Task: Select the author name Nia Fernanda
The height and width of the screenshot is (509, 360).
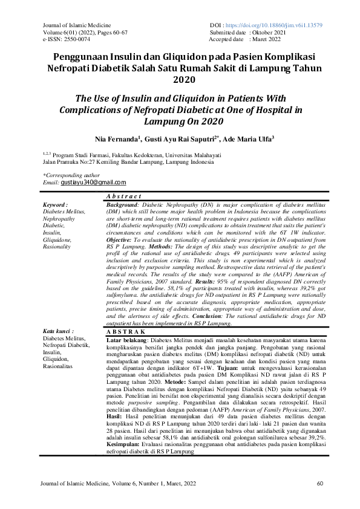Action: (x=114, y=139)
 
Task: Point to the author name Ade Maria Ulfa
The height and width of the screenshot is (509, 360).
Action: (x=248, y=139)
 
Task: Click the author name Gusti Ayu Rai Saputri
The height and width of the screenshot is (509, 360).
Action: (x=180, y=139)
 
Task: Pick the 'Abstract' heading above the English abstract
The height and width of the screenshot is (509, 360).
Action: (x=123, y=197)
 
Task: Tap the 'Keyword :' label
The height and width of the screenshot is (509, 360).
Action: (x=56, y=205)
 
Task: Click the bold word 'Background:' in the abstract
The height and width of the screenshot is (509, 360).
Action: (x=124, y=206)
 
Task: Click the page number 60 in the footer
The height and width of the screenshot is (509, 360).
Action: (x=321, y=484)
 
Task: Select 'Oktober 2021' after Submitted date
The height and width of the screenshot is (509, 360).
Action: (x=270, y=32)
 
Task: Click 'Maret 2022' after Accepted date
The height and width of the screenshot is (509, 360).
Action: (x=266, y=39)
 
